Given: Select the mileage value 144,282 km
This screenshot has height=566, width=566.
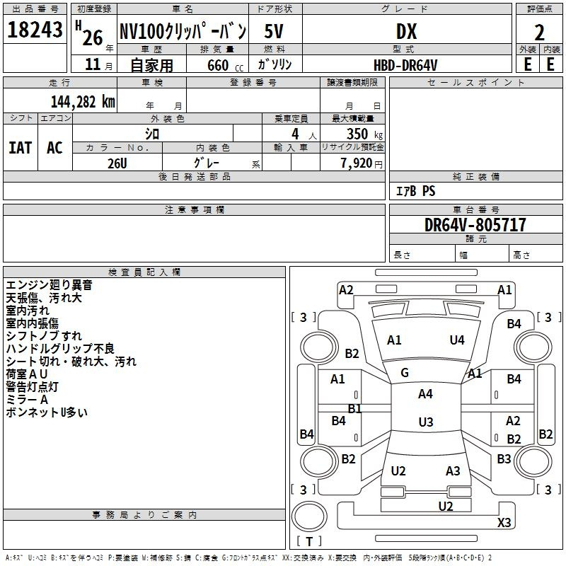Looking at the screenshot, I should (83, 101).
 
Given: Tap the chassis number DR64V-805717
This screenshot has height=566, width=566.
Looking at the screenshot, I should (475, 225).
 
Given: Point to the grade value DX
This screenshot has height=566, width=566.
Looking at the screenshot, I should (406, 31).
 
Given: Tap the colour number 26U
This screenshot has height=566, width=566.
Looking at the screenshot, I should (117, 163).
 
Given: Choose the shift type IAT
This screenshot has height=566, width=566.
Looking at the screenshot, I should (20, 147).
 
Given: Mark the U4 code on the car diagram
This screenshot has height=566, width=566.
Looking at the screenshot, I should (457, 340).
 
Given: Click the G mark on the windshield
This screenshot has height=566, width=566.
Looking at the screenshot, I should (404, 373).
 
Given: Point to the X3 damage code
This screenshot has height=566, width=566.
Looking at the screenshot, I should (504, 522).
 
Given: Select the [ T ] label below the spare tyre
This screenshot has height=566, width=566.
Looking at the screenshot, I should (309, 541).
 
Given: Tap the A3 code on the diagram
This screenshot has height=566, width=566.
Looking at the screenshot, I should (453, 471).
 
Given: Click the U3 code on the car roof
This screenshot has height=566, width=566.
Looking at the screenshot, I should (425, 422).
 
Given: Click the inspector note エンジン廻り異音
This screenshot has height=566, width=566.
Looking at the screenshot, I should (49, 285).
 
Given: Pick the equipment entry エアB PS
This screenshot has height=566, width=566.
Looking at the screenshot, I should (415, 191).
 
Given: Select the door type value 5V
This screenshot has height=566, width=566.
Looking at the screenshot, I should (275, 31).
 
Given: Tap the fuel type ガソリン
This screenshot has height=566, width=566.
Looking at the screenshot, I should (275, 64).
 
